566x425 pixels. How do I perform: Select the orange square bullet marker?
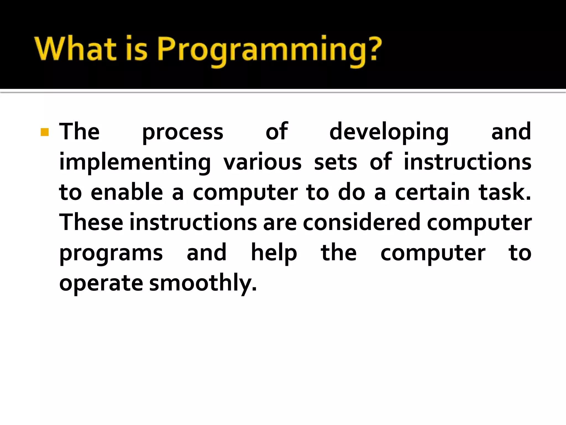click(44, 132)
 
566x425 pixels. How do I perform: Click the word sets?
click(336, 163)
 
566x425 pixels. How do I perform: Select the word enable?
click(127, 192)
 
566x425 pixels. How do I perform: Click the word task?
click(505, 192)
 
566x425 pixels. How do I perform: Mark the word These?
click(91, 222)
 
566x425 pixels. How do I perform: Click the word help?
click(274, 253)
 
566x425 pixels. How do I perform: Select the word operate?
click(101, 284)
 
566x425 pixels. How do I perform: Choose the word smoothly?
click(203, 284)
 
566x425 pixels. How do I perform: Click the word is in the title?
click(137, 49)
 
